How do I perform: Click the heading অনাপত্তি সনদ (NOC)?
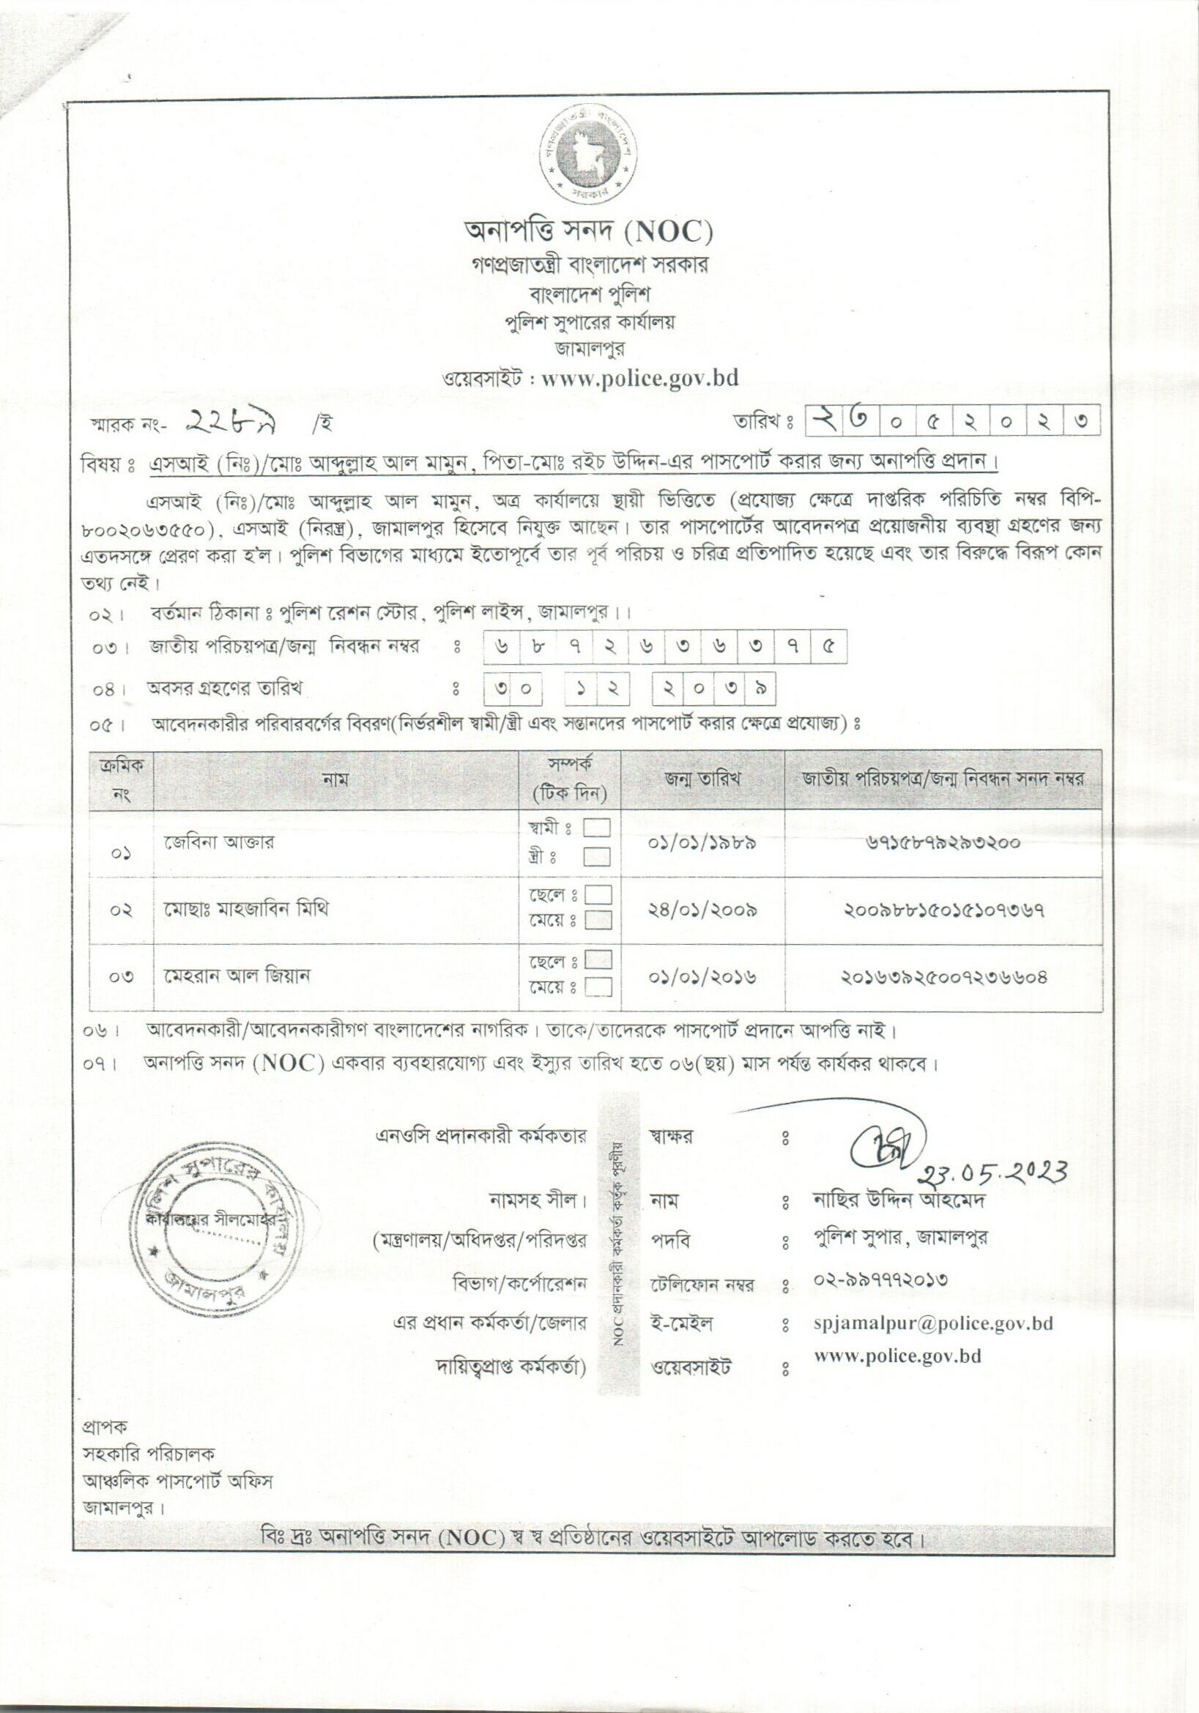click(589, 232)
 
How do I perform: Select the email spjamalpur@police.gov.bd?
click(933, 1323)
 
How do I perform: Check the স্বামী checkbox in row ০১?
click(597, 828)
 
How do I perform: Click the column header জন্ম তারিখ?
click(702, 779)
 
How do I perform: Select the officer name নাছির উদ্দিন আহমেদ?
click(899, 1200)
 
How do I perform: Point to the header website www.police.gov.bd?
click(639, 378)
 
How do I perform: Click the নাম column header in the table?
click(335, 780)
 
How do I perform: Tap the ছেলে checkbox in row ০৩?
click(598, 960)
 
